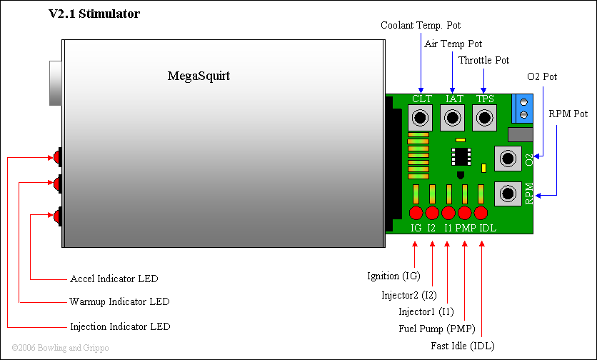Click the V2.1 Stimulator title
tap(94, 14)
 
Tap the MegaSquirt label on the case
tap(199, 75)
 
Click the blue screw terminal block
tap(524, 107)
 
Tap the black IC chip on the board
tap(461, 157)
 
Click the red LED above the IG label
tap(416, 213)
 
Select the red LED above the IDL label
tap(480, 213)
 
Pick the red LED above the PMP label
tap(464, 213)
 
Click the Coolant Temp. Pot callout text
tap(421, 25)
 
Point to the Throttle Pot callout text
tap(483, 60)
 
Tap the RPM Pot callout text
tap(568, 114)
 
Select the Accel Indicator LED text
tap(114, 279)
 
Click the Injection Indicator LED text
tap(120, 326)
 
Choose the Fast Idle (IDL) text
tap(462, 346)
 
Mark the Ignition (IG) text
tap(393, 276)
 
